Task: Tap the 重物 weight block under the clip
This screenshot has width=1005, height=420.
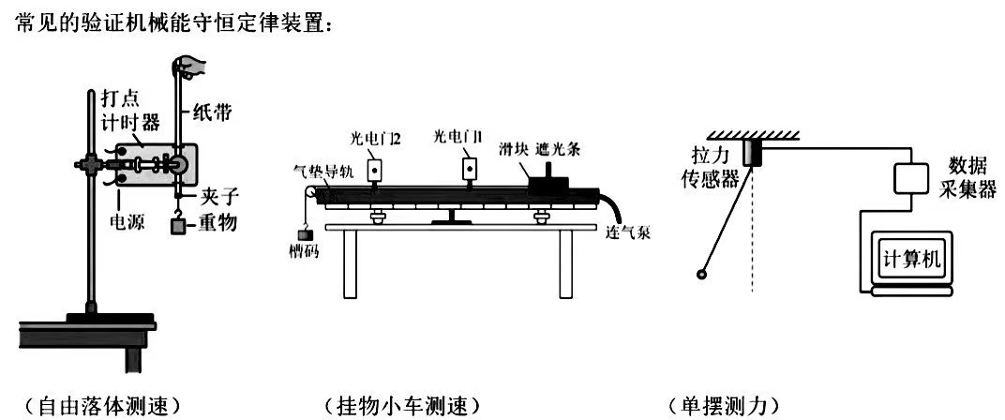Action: (176, 225)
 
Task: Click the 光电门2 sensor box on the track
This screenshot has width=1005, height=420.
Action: (374, 170)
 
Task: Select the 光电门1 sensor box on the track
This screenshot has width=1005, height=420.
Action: (468, 169)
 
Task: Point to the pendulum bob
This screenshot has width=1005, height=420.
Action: (700, 274)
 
